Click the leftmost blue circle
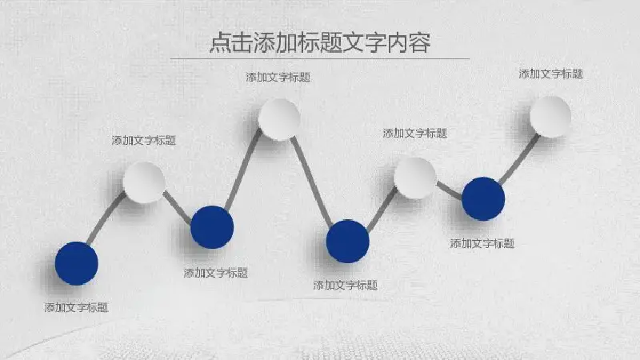pos(76,263)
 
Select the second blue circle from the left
pos(212,227)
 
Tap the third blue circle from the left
pos(348,242)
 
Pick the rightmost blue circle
pos(483,198)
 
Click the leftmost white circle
pos(144,182)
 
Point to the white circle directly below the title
pos(279,119)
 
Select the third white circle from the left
pos(415,178)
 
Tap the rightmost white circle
pos(550,117)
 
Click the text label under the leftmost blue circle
pos(76,307)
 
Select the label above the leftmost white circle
pos(144,141)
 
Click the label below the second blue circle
pos(215,273)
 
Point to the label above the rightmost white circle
pos(550,74)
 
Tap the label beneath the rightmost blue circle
pos(482,244)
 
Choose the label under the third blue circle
pos(346,285)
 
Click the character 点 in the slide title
pos(221,43)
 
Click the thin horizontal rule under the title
pos(320,59)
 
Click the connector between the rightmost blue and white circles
pos(519,158)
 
